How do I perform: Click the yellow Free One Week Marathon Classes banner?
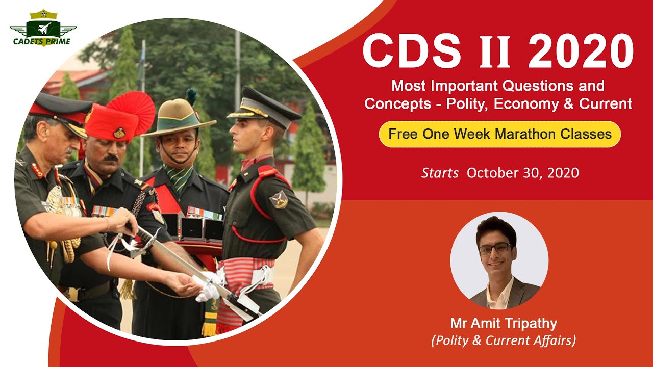pos(499,134)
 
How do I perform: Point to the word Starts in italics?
pos(440,173)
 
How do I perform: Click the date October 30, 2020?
pos(523,173)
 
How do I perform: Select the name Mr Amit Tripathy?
pos(504,323)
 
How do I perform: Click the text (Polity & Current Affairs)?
pos(504,340)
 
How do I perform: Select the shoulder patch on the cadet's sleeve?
pos(279,199)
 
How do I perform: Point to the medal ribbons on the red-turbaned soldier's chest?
pos(104,211)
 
